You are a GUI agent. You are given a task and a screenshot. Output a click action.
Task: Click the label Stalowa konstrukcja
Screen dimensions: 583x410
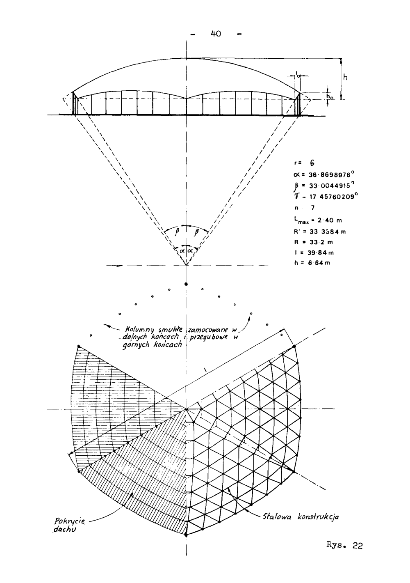[x=300, y=517]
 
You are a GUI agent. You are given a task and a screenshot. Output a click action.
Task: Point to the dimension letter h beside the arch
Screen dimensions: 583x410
[x=345, y=78]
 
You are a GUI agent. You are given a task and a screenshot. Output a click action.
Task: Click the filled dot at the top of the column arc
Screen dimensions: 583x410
[x=186, y=284]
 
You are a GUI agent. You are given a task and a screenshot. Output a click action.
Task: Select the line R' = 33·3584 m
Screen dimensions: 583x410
[x=317, y=232]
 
